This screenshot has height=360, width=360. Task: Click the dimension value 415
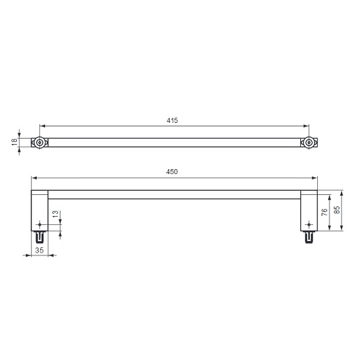172,120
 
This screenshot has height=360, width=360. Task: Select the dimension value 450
172,173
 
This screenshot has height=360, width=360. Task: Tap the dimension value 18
14,143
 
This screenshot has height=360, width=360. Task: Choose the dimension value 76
324,212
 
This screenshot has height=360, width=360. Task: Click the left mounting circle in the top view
40,143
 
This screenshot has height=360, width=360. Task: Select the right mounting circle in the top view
308,143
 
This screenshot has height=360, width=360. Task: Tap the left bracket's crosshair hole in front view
40,224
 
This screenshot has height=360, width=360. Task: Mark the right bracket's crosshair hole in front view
309,224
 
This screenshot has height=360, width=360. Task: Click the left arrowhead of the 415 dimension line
43,126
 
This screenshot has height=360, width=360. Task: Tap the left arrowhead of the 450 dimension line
34,179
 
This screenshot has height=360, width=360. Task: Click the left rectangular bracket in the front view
39,211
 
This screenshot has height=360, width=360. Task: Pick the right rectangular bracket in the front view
309,211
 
